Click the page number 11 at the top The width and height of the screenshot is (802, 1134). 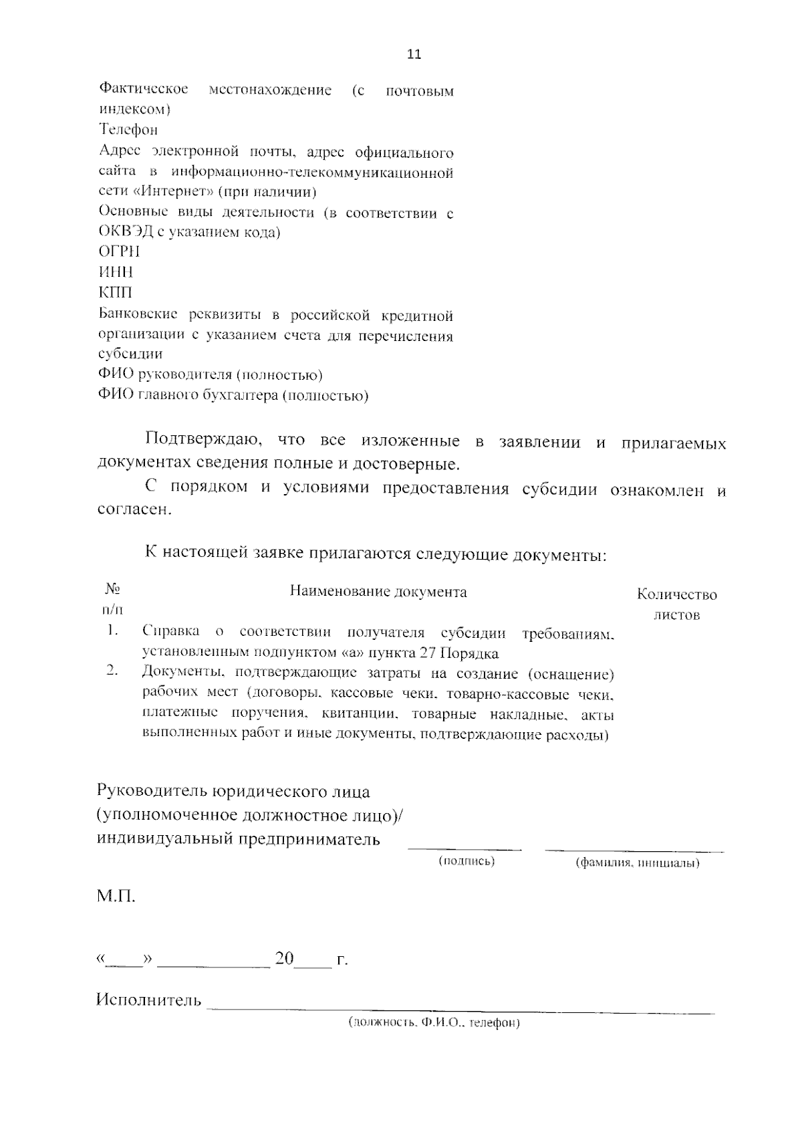(414, 55)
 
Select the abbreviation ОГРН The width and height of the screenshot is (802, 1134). (119, 252)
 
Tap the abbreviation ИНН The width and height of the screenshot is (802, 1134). (116, 272)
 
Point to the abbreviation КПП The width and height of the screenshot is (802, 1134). (115, 293)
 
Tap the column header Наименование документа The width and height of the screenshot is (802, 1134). (378, 592)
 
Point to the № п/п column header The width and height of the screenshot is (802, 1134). (112, 599)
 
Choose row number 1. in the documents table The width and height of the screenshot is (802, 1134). (112, 631)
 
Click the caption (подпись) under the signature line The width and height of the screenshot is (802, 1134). (466, 861)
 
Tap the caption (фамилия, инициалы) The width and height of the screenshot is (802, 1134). (638, 863)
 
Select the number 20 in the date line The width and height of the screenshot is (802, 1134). (284, 959)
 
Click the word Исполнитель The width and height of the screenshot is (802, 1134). (149, 1000)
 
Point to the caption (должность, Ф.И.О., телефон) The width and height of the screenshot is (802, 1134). (434, 1023)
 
